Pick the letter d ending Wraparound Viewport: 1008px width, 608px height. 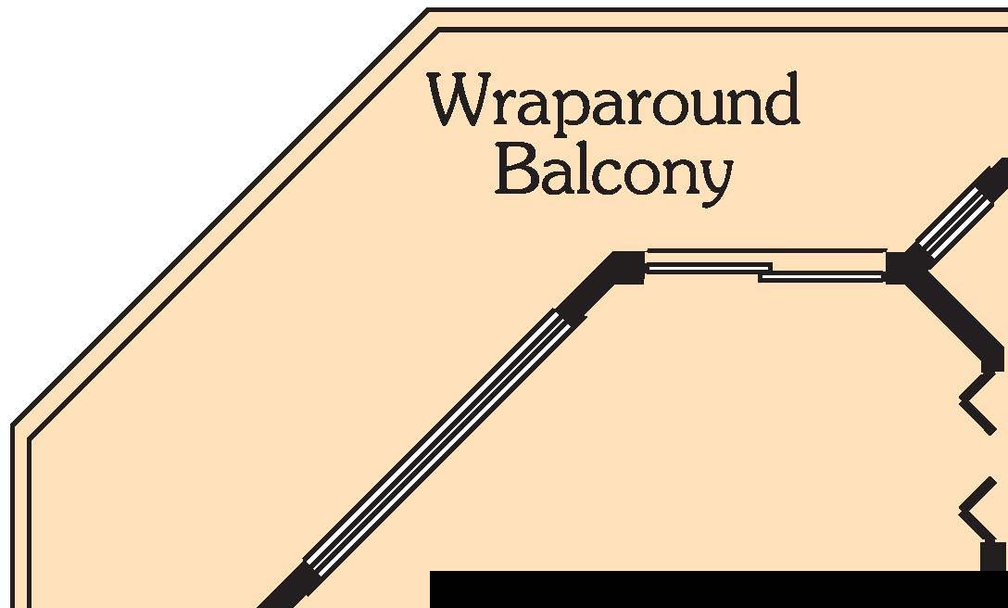(781, 101)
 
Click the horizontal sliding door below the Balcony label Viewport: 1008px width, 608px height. (765, 266)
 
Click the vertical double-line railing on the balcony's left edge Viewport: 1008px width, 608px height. (20, 519)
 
